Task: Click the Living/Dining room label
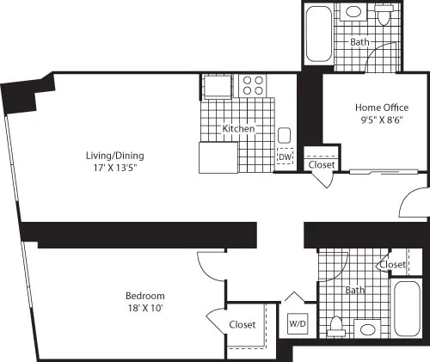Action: pyautogui.click(x=114, y=156)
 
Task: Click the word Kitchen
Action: pyautogui.click(x=238, y=129)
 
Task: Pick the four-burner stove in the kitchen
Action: pyautogui.click(x=253, y=84)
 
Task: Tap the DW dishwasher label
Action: pyautogui.click(x=284, y=156)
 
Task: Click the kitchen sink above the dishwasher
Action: pyautogui.click(x=284, y=135)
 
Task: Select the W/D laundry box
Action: pyautogui.click(x=298, y=323)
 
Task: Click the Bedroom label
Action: pyautogui.click(x=144, y=297)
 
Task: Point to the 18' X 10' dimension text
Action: pyautogui.click(x=144, y=309)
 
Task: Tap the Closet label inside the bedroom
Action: pyautogui.click(x=243, y=324)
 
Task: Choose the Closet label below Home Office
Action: pyautogui.click(x=322, y=164)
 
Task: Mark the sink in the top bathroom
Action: pyautogui.click(x=354, y=13)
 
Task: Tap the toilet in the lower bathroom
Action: pyautogui.click(x=339, y=327)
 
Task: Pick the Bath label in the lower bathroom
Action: pyautogui.click(x=354, y=291)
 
